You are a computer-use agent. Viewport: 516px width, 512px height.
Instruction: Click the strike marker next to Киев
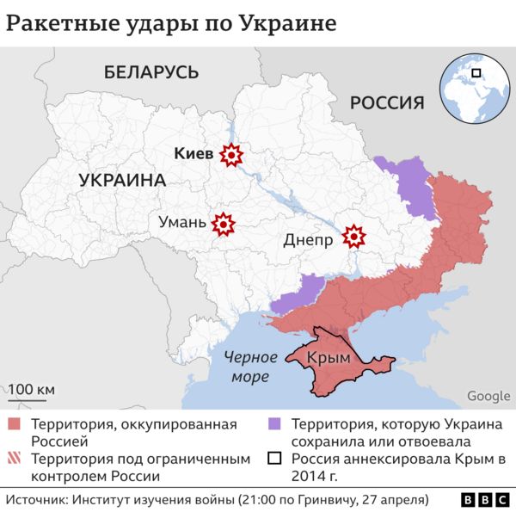click(x=231, y=155)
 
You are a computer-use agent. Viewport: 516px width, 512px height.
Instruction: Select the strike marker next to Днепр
click(x=353, y=235)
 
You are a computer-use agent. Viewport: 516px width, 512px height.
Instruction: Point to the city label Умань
click(x=182, y=224)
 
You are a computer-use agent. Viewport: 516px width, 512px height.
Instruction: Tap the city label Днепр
click(x=308, y=241)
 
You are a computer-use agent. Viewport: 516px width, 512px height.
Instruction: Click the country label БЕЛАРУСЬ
click(x=151, y=72)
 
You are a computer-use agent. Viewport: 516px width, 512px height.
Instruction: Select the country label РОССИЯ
click(x=386, y=103)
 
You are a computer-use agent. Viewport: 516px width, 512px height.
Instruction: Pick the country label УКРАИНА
click(x=121, y=181)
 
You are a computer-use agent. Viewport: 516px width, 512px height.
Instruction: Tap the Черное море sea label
click(x=250, y=367)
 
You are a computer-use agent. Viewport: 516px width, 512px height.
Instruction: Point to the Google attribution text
click(x=488, y=396)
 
